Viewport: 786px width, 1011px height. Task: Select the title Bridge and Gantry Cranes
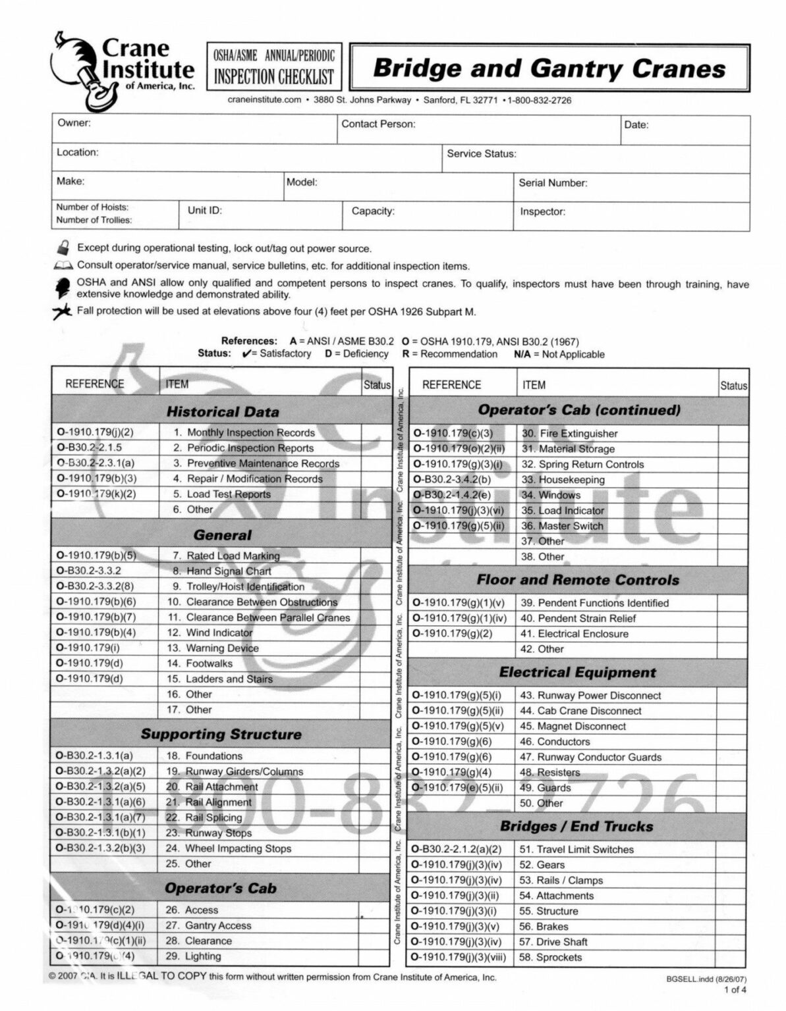coord(549,68)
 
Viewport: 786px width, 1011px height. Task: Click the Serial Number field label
coord(552,183)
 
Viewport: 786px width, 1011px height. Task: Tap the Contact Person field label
coord(378,124)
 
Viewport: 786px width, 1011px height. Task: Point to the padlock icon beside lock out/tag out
coord(63,248)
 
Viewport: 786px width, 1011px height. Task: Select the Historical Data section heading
coord(222,412)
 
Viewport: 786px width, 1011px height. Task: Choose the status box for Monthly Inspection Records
coord(376,432)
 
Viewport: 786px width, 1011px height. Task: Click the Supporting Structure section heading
coord(221,734)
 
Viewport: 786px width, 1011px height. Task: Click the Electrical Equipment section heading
coord(577,672)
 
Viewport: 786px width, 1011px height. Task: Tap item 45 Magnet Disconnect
coord(573,726)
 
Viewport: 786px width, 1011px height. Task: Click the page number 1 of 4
coord(735,989)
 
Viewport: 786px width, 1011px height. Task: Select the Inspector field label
coord(542,212)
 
